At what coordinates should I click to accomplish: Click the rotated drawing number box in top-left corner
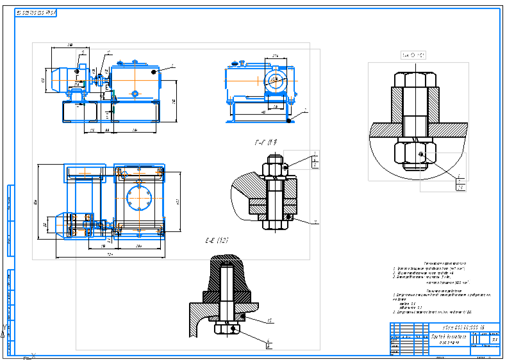point(37,13)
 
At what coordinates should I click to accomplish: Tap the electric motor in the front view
point(63,80)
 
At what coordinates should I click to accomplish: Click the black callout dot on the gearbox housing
point(154,72)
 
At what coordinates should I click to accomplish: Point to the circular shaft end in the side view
point(276,81)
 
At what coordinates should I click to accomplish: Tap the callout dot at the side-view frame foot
point(290,119)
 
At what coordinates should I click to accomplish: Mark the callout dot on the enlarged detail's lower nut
point(420,155)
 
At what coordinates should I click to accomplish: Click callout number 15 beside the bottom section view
point(270,320)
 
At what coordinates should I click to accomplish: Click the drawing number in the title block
point(458,328)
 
